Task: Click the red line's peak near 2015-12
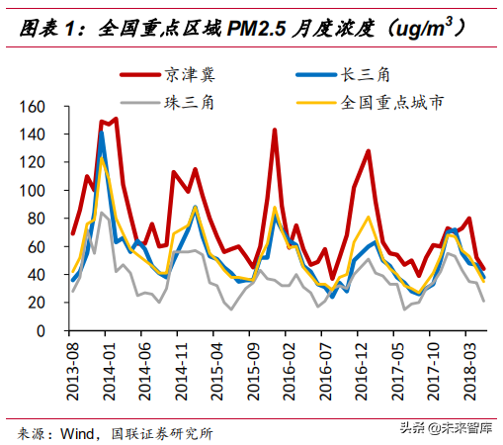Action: [x=274, y=131]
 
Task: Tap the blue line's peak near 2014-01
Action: [x=102, y=132]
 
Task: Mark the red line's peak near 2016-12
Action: [x=368, y=151]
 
